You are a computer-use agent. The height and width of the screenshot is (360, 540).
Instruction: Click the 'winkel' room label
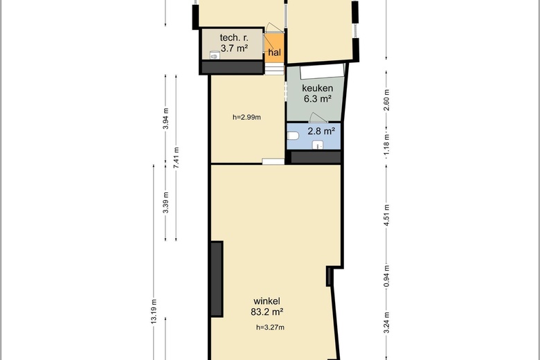coord(267,301)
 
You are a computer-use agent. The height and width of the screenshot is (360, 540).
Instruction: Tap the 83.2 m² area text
coord(267,312)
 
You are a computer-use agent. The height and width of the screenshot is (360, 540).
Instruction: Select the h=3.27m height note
coord(270,327)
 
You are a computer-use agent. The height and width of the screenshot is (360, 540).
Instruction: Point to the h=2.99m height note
coord(246,117)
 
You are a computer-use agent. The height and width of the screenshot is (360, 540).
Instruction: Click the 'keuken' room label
coord(317,88)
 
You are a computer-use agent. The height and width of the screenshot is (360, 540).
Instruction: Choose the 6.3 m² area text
coord(317,99)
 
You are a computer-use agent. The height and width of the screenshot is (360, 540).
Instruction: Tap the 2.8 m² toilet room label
coord(321,131)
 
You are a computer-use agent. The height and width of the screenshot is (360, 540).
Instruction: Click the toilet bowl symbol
coord(293,136)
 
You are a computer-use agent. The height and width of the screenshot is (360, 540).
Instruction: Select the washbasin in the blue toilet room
coord(318,145)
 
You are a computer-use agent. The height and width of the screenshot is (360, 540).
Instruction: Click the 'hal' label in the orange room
coord(274,53)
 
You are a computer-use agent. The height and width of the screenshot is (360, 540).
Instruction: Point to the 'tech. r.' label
coord(234,37)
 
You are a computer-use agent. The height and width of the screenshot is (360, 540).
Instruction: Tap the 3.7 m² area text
coord(234,48)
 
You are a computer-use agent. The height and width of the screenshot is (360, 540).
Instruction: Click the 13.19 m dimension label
coord(154,310)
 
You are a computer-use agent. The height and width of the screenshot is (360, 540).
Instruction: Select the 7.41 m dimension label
coord(177,157)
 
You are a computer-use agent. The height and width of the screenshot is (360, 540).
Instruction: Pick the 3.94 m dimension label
coord(165,118)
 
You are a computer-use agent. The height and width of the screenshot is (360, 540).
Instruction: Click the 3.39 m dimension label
coord(165,202)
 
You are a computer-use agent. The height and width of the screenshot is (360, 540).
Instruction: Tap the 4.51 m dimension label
coord(386,215)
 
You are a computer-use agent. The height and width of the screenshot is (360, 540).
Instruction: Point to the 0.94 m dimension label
coord(386,276)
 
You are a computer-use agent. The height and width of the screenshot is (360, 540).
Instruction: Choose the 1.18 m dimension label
coord(386,144)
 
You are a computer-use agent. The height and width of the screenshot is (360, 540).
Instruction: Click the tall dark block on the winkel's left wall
coord(217,279)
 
